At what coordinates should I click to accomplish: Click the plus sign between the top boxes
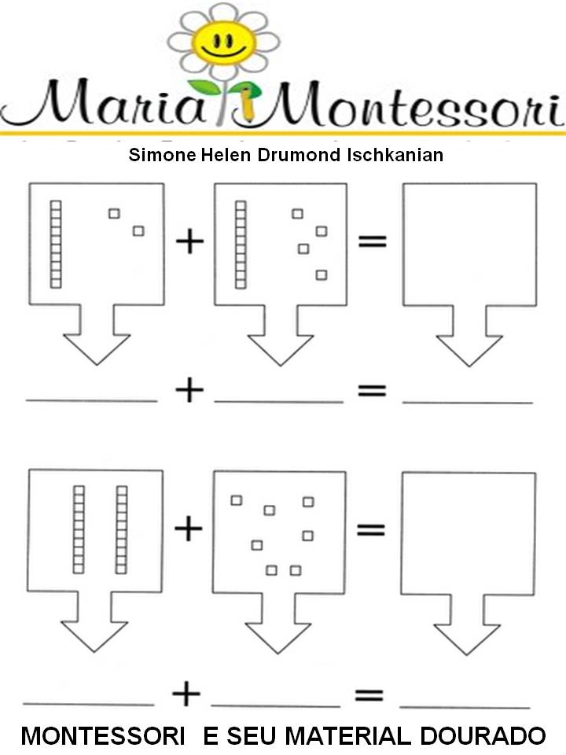click(x=189, y=242)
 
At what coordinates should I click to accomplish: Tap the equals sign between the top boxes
click(x=373, y=242)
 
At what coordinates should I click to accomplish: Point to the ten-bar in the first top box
click(x=56, y=243)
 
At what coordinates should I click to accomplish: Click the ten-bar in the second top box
click(x=241, y=243)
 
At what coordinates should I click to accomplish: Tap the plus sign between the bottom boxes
click(x=188, y=528)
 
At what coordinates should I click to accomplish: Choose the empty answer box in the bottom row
click(x=469, y=531)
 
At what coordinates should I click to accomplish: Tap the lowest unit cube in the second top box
click(x=321, y=274)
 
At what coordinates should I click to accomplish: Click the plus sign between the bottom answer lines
click(x=187, y=694)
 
